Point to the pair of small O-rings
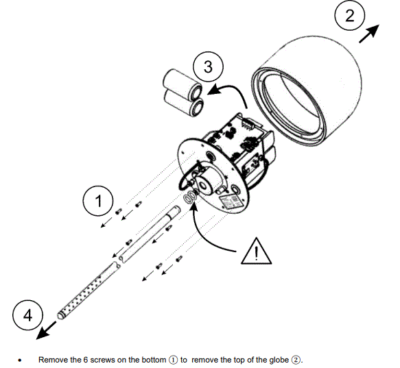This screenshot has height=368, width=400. [189, 199]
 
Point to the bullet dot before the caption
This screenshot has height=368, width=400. [21, 360]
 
